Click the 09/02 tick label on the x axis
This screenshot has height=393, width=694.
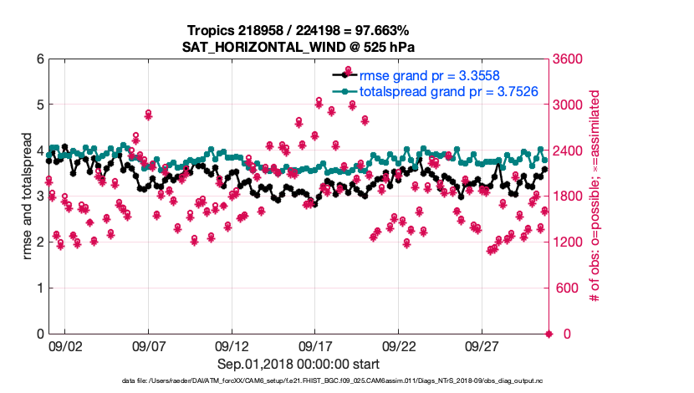(65, 345)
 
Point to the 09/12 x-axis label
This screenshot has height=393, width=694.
(232, 345)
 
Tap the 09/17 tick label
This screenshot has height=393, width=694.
(315, 345)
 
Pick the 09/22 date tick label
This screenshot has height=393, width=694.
(399, 345)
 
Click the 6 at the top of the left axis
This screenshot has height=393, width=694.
(38, 59)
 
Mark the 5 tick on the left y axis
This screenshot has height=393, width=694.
(38, 105)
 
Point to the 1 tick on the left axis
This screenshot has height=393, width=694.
(38, 288)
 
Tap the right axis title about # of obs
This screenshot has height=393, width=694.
(595, 196)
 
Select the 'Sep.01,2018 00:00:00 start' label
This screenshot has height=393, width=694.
(299, 365)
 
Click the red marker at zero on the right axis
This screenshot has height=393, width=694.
(549, 334)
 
